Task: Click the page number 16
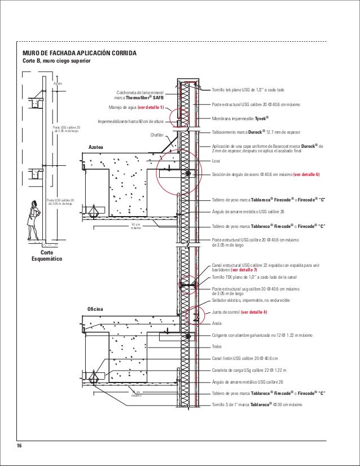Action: tap(19, 446)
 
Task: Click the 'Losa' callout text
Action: tap(216, 161)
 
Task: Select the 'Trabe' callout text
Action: tap(217, 347)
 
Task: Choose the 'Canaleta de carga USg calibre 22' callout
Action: tap(249, 370)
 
